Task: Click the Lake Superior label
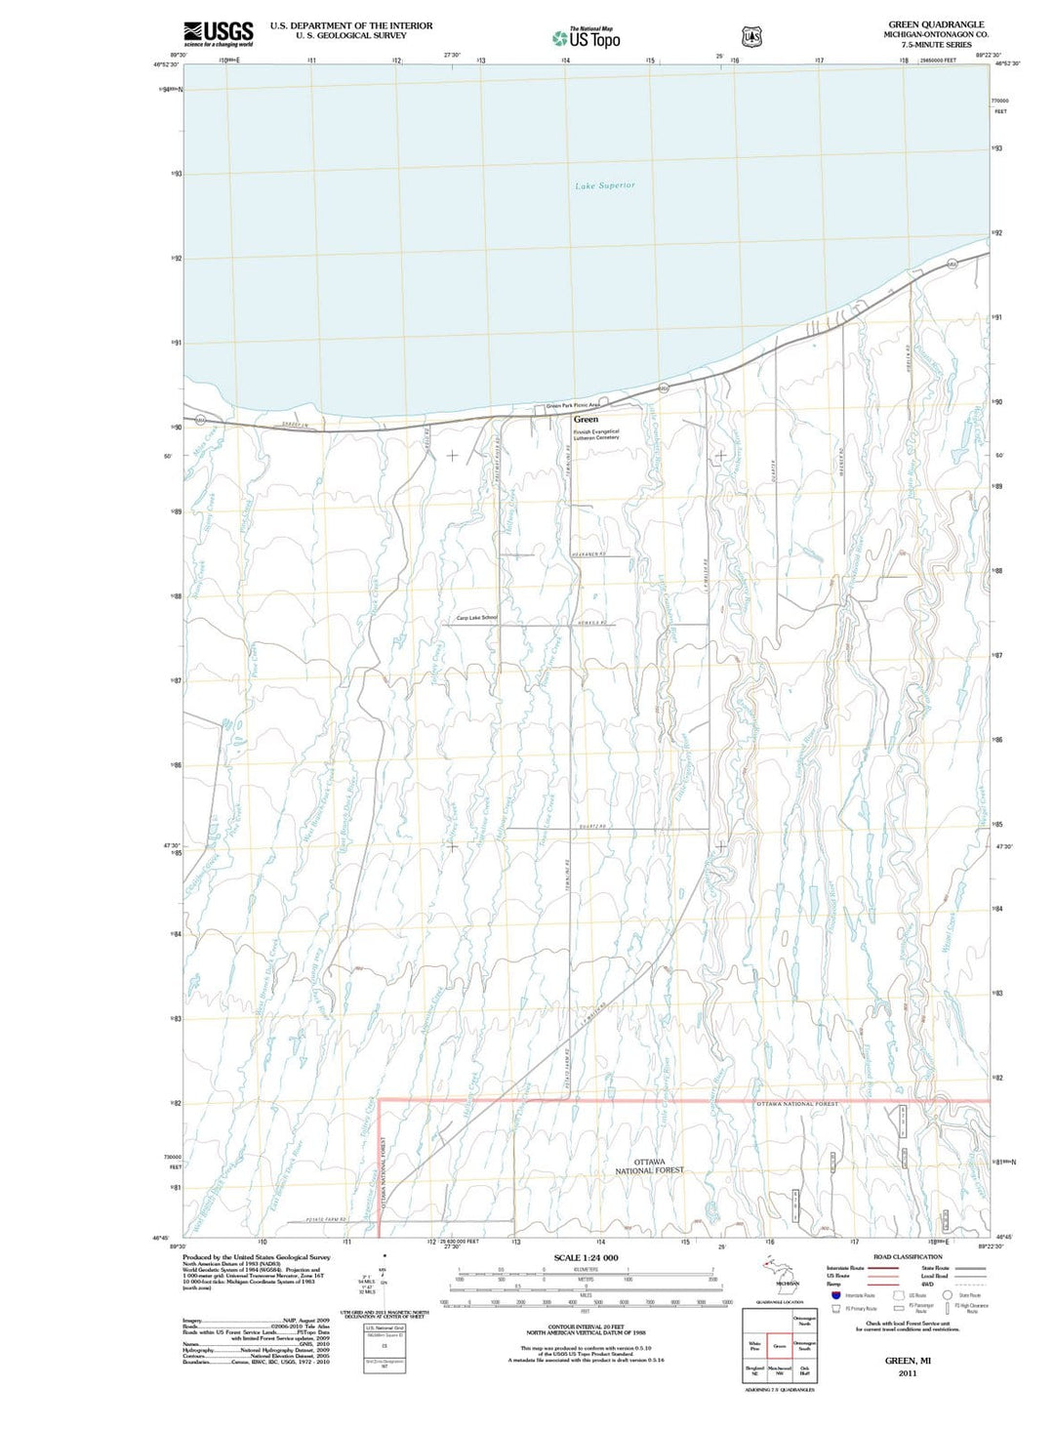(604, 185)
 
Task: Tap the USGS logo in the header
(218, 33)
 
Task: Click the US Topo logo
(586, 39)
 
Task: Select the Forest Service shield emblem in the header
(751, 37)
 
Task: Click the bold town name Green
(586, 419)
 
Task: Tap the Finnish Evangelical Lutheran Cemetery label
(596, 434)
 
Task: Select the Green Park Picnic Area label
(573, 405)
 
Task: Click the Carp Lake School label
(476, 618)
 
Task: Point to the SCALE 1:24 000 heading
(586, 1257)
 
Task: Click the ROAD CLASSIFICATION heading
(908, 1257)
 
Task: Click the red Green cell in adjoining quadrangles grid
(779, 1346)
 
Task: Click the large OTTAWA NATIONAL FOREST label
(649, 1165)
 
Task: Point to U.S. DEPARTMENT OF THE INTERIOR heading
(351, 25)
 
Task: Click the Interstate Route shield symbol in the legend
(836, 1294)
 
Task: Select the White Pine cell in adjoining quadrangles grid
(754, 1346)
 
